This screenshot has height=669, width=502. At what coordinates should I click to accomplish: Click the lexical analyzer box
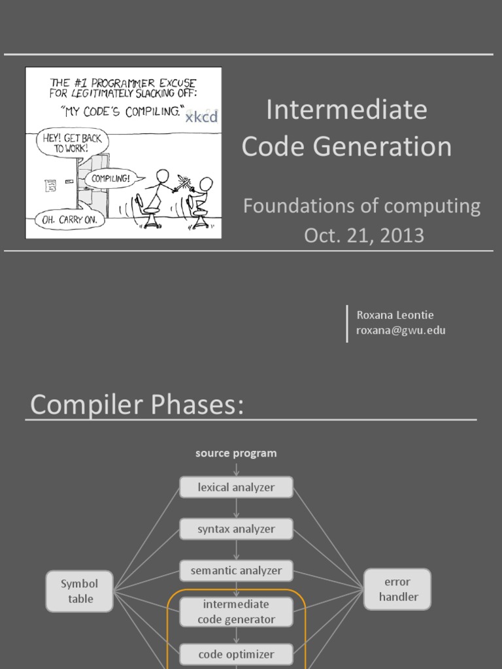[236, 487]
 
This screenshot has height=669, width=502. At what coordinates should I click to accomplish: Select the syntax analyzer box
[236, 529]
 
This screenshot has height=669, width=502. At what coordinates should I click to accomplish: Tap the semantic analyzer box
[236, 570]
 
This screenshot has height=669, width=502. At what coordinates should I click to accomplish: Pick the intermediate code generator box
[236, 612]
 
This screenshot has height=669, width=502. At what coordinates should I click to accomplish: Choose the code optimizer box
[236, 653]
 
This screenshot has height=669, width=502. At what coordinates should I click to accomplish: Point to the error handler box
[397, 589]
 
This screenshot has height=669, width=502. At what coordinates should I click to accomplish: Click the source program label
[236, 453]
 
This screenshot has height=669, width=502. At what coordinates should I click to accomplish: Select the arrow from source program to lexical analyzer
[236, 468]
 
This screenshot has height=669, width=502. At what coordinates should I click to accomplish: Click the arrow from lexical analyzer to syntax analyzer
[236, 508]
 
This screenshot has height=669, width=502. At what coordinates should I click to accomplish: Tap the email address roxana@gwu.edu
[401, 330]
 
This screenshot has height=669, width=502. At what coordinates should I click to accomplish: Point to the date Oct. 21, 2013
[364, 235]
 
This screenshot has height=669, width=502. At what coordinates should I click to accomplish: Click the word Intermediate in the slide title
[346, 110]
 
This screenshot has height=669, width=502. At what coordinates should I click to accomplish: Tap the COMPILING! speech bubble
[110, 178]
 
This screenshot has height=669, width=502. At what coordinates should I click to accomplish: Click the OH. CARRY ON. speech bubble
[69, 220]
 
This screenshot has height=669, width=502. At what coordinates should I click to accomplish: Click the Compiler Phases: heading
[137, 405]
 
